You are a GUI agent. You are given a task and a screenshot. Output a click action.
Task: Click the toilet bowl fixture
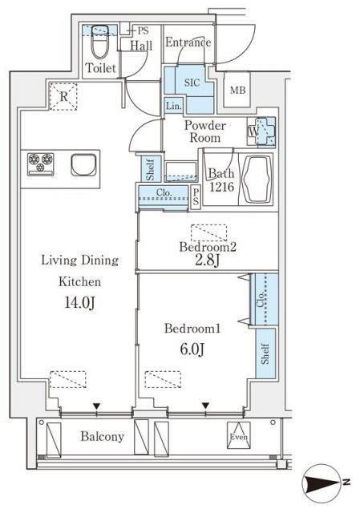(x=99, y=42)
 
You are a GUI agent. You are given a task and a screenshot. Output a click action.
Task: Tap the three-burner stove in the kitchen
(x=41, y=164)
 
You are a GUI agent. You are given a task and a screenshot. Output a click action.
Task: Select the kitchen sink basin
(x=83, y=164)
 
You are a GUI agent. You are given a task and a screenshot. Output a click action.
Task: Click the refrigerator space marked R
(x=63, y=96)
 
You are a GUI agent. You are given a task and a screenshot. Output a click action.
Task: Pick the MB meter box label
(x=237, y=90)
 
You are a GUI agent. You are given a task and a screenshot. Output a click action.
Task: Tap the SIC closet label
(x=192, y=83)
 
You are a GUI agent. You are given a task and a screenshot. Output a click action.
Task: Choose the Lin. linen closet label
(x=173, y=106)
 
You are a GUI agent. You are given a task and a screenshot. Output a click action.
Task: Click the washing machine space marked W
(x=261, y=131)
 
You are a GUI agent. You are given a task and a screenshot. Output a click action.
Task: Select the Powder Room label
(x=205, y=131)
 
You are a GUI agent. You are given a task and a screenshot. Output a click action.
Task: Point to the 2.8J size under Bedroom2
(x=207, y=261)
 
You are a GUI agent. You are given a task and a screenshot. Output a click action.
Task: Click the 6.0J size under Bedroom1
(x=192, y=349)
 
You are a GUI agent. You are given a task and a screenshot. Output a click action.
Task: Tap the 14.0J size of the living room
(x=79, y=303)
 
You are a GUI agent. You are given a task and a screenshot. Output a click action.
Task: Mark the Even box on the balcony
(x=239, y=435)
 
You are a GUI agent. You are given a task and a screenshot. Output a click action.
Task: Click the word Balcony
(x=103, y=436)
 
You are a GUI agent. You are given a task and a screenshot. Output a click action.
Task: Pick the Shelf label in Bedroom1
(x=265, y=353)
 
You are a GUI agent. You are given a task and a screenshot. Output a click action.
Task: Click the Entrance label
(x=188, y=42)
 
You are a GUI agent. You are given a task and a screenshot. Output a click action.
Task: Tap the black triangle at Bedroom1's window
(x=205, y=406)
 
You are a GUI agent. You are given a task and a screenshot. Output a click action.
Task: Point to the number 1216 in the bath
(x=222, y=187)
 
